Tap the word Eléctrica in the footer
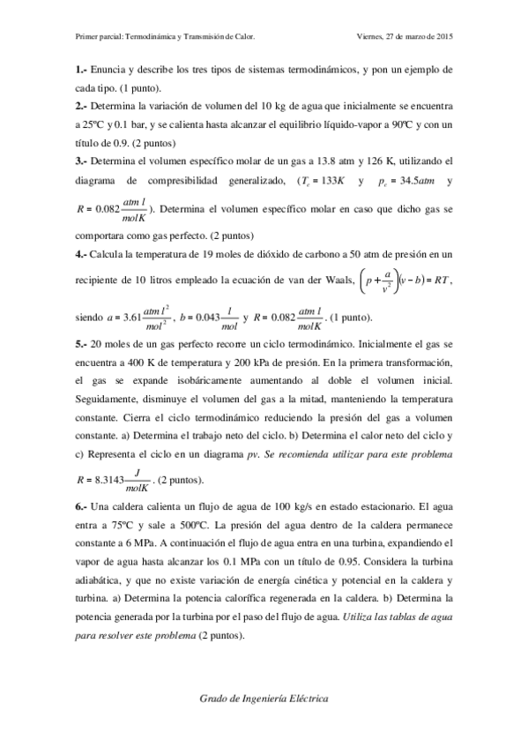click(x=303, y=697)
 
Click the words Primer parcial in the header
click(x=98, y=37)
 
